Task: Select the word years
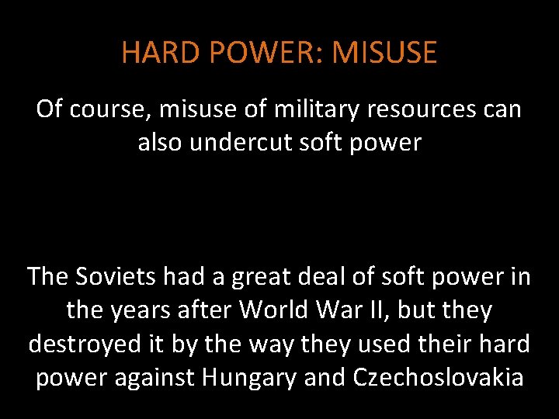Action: click(x=144, y=310)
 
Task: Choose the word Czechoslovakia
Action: click(x=438, y=377)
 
